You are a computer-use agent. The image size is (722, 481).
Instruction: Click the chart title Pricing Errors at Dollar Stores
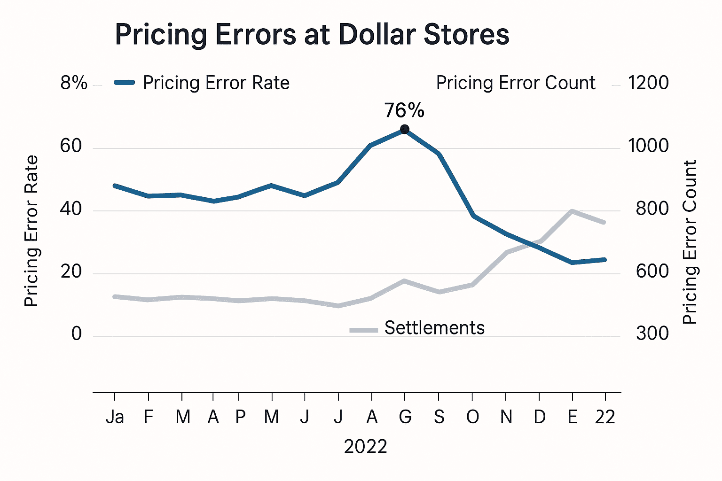pos(312,35)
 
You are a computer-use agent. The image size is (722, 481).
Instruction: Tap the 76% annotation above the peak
pos(404,111)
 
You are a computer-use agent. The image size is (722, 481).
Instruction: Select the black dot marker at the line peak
pos(404,129)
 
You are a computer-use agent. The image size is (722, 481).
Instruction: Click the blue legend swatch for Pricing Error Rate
pos(125,83)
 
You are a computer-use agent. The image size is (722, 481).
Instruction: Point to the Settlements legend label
pos(434,328)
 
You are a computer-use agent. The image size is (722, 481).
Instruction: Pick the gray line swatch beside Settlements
pos(364,330)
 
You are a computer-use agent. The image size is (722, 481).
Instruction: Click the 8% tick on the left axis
pos(74,84)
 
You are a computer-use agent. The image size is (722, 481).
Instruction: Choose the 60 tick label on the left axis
pos(71,147)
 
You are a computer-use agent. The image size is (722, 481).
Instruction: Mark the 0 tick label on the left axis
pos(77,334)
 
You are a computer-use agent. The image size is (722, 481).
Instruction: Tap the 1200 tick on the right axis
pos(649,83)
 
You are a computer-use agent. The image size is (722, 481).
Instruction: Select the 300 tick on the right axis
pos(652,334)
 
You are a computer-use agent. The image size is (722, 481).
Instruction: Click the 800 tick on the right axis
pos(652,209)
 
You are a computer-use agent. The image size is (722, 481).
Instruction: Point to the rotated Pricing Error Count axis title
pos(690,242)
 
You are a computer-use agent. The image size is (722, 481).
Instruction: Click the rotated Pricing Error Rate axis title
pos(31,231)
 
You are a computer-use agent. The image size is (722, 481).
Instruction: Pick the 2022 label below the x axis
pos(365,447)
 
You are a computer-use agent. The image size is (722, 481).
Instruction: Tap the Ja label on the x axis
pos(115,417)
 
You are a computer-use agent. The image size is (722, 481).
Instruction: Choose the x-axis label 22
pos(605,417)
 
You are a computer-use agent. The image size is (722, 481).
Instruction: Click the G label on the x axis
pos(405,417)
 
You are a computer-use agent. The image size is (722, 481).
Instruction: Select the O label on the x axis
pos(472,417)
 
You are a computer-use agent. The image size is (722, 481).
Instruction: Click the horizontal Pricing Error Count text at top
pos(516,83)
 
